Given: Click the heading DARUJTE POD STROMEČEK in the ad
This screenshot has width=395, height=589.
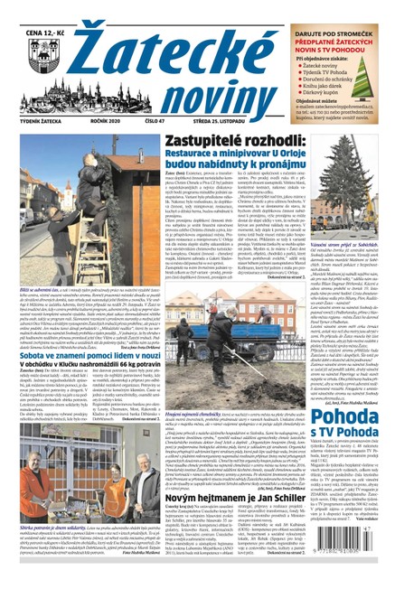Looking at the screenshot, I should [x=344, y=10].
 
